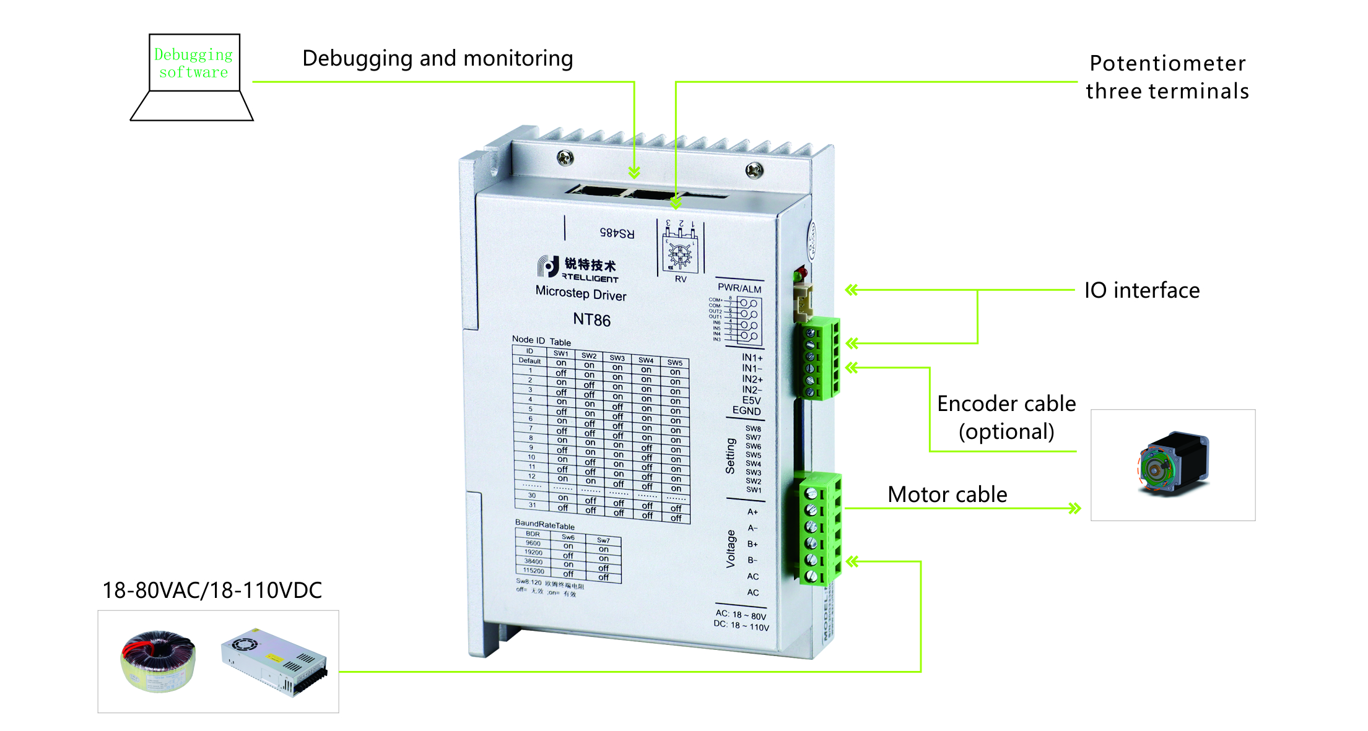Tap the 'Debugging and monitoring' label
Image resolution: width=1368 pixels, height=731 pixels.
click(x=437, y=58)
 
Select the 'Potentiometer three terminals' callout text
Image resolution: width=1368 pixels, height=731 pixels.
click(x=1167, y=77)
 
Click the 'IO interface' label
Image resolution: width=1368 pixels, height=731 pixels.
click(x=1141, y=290)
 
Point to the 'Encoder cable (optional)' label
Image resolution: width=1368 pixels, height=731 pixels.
click(x=1006, y=417)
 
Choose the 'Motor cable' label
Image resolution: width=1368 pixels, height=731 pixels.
click(x=947, y=495)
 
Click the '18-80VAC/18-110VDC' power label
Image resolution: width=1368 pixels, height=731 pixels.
click(x=212, y=590)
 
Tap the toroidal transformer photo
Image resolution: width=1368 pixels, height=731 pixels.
click(x=158, y=661)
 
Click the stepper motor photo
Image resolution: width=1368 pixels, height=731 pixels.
click(x=1173, y=464)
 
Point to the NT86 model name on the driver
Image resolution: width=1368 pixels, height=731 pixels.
click(x=591, y=320)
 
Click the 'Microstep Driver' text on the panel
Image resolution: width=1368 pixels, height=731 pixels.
click(x=581, y=293)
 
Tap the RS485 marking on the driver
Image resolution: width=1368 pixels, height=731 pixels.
click(x=617, y=233)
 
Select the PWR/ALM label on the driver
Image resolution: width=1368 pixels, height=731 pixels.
click(x=739, y=288)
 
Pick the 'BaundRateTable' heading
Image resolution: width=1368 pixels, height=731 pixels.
click(x=545, y=524)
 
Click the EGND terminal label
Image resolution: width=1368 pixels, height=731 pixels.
click(x=746, y=410)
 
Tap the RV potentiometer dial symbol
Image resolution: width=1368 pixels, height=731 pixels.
click(x=680, y=254)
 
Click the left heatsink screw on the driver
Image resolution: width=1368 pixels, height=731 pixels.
click(x=565, y=158)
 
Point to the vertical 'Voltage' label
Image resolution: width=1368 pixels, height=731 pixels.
click(x=731, y=548)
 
